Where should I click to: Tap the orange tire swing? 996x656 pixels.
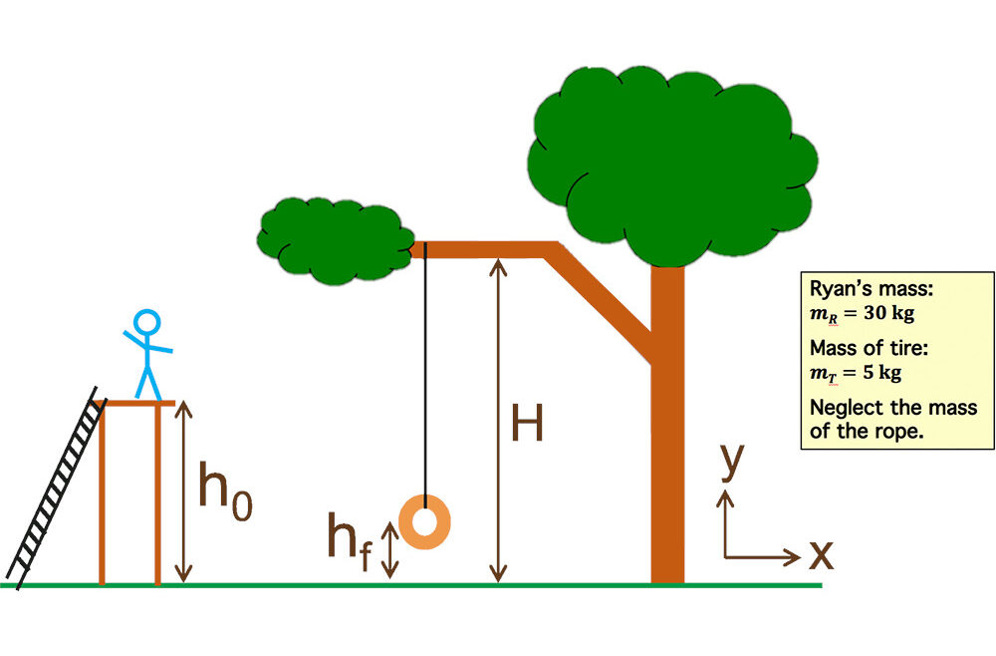tap(425, 520)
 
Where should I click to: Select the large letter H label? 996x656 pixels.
tap(527, 426)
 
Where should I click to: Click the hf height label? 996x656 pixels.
tap(349, 543)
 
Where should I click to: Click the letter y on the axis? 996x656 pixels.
tap(732, 462)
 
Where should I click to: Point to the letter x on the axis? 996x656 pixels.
tap(821, 554)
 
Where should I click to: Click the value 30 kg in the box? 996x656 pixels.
tap(880, 312)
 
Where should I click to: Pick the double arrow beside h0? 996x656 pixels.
tap(182, 493)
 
